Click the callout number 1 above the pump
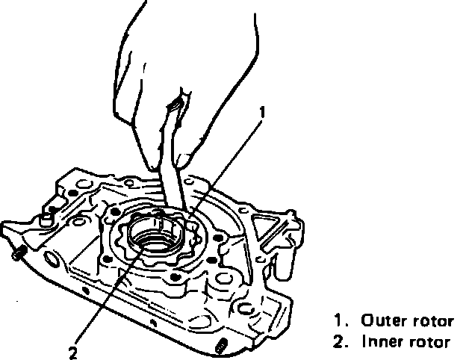[261, 112]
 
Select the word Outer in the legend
[383, 322]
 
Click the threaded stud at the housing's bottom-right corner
[220, 346]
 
